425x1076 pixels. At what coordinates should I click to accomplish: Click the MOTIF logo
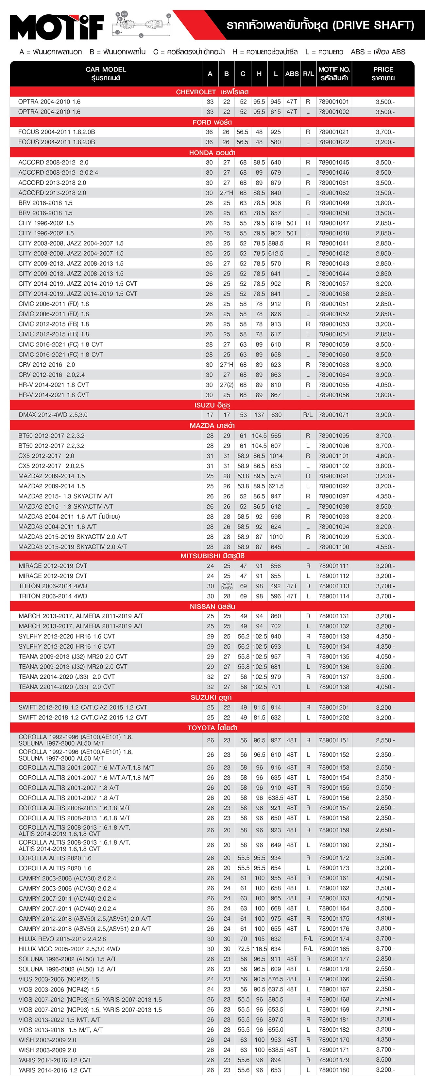pos(57,26)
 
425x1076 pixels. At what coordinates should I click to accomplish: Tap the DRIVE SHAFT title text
pos(320,25)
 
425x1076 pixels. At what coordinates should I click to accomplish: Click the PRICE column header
pos(383,73)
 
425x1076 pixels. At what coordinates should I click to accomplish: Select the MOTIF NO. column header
pos(334,73)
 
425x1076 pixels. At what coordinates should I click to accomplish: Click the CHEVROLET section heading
pos(212,92)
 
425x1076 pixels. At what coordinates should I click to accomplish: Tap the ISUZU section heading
pos(212,405)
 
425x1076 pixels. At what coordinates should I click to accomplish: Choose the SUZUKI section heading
pos(212,697)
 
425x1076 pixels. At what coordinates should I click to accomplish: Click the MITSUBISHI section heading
pos(212,556)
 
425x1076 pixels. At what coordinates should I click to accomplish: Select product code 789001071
pos(333,415)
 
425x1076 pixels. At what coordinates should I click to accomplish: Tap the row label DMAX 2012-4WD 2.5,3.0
pos(53,415)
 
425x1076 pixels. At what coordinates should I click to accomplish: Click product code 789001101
pos(333,456)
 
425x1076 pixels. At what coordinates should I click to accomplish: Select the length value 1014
pos(276,456)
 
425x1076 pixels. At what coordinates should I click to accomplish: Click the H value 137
pos(259,415)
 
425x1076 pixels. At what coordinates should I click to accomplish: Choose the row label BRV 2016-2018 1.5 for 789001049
pos(45,203)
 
